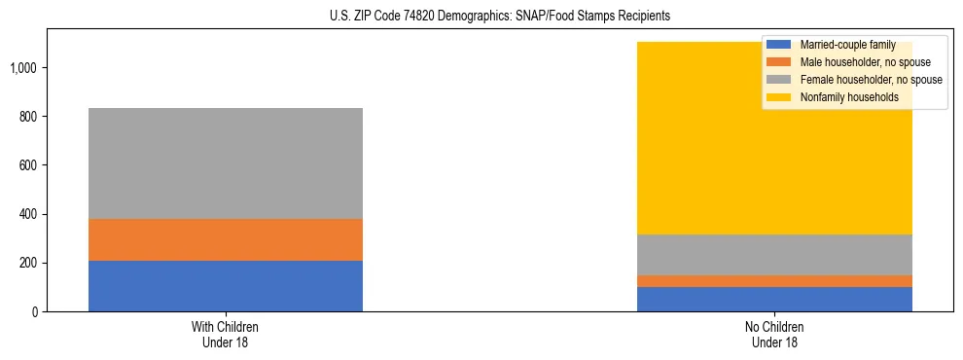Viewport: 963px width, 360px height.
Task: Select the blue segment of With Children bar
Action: click(226, 286)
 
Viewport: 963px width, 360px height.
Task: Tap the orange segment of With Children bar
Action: click(226, 239)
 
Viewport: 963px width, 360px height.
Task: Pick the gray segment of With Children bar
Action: click(226, 163)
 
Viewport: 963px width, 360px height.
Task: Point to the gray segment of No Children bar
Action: click(774, 255)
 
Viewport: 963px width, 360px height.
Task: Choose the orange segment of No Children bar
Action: click(774, 281)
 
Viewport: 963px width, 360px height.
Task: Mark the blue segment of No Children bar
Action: click(774, 300)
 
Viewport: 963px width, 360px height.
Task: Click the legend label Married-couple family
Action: click(847, 45)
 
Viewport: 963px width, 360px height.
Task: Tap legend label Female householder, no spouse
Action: click(871, 80)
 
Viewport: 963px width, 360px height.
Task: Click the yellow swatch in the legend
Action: click(780, 97)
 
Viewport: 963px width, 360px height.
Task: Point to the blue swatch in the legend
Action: click(780, 45)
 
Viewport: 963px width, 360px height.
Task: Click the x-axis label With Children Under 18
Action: click(226, 334)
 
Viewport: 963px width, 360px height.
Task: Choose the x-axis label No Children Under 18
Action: click(774, 334)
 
